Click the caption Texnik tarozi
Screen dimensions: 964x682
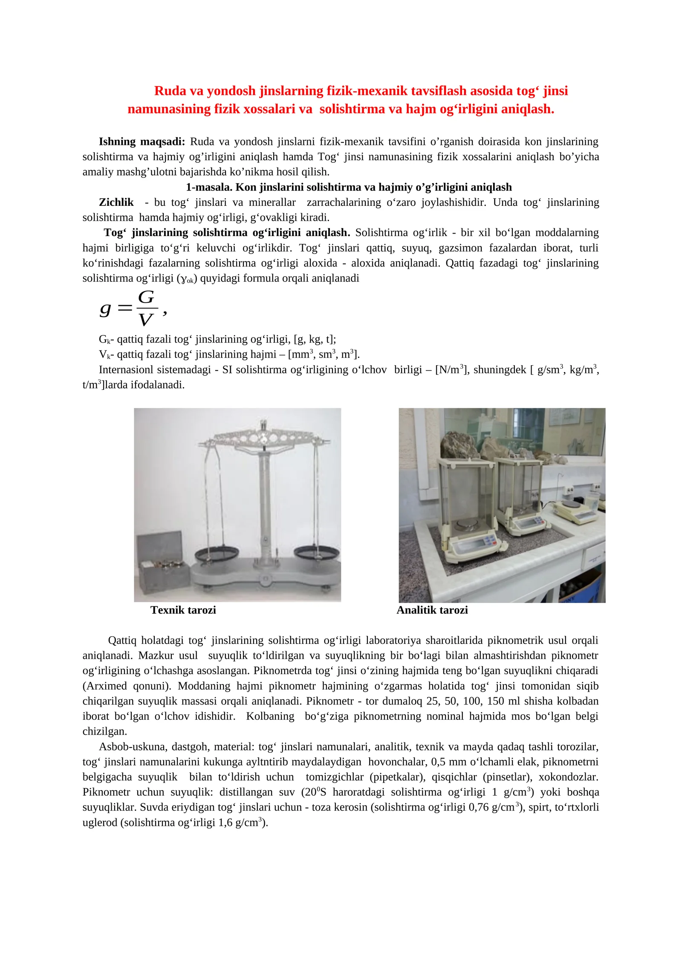click(x=183, y=610)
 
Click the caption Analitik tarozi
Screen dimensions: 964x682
click(x=432, y=610)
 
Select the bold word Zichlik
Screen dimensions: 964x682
click(x=116, y=202)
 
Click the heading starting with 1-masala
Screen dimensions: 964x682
click(x=349, y=187)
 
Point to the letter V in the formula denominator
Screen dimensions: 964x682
click(x=145, y=320)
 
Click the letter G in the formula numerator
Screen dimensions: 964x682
click(x=146, y=297)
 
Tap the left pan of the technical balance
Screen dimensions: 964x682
click(x=216, y=554)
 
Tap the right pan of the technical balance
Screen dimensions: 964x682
click(x=317, y=553)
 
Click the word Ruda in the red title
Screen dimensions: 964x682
click(x=170, y=91)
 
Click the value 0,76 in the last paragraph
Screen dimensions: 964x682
click(x=479, y=807)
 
